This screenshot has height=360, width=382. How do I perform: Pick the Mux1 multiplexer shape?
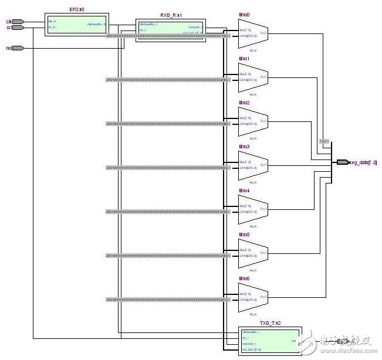pyautogui.click(x=253, y=78)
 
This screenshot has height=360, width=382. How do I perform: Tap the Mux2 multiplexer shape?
pyautogui.click(x=253, y=122)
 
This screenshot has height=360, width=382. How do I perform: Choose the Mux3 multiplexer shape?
pyautogui.click(x=253, y=166)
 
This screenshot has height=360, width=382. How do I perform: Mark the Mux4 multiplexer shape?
pyautogui.click(x=253, y=210)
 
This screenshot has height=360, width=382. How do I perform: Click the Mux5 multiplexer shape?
pyautogui.click(x=253, y=254)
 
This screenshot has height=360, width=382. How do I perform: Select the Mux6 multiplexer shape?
pyautogui.click(x=253, y=298)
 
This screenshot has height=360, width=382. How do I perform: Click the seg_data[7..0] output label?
pyautogui.click(x=364, y=162)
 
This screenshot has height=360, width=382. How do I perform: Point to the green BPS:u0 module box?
pyautogui.click(x=76, y=24)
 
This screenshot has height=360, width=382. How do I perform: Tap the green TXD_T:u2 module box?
pyautogui.click(x=269, y=339)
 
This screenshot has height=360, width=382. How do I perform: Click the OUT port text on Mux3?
pyautogui.click(x=263, y=165)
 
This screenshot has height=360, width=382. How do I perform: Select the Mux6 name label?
pyautogui.click(x=244, y=279)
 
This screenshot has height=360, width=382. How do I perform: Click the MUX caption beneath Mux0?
pyautogui.click(x=253, y=50)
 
